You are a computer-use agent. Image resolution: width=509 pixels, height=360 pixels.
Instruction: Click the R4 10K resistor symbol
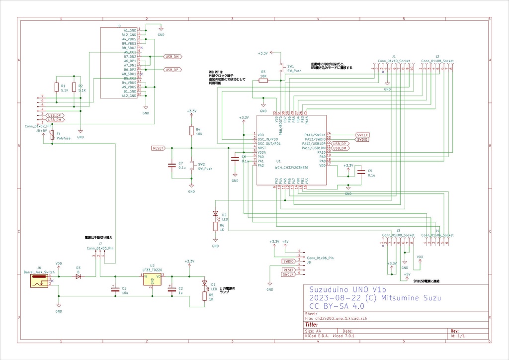click(x=191, y=131)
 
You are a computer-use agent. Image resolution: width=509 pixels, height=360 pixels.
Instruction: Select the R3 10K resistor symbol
click(x=263, y=80)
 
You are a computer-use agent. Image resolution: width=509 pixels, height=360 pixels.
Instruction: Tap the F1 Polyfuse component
click(x=52, y=136)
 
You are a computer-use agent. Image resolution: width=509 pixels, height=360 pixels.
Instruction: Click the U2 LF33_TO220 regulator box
click(x=152, y=280)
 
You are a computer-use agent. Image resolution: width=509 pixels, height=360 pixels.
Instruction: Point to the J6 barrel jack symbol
click(x=38, y=281)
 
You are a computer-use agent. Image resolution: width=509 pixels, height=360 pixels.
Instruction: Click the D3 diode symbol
click(x=79, y=276)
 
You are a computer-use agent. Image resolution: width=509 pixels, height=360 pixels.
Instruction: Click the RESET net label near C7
click(x=159, y=148)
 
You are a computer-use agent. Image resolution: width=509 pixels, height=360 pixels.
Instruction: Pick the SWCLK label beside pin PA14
click(x=362, y=135)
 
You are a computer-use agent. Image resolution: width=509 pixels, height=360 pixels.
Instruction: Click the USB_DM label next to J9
click(x=171, y=57)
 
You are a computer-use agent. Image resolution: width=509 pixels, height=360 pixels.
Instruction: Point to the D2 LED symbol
click(x=215, y=214)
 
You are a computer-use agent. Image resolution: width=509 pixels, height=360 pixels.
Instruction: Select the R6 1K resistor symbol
click(x=215, y=227)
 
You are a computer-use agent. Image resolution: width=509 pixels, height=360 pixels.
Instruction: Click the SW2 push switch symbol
click(x=191, y=167)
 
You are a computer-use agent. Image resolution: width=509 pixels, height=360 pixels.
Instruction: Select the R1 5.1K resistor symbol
click(x=57, y=88)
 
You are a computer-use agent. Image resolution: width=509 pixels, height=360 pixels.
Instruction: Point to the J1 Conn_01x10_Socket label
click(x=394, y=61)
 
